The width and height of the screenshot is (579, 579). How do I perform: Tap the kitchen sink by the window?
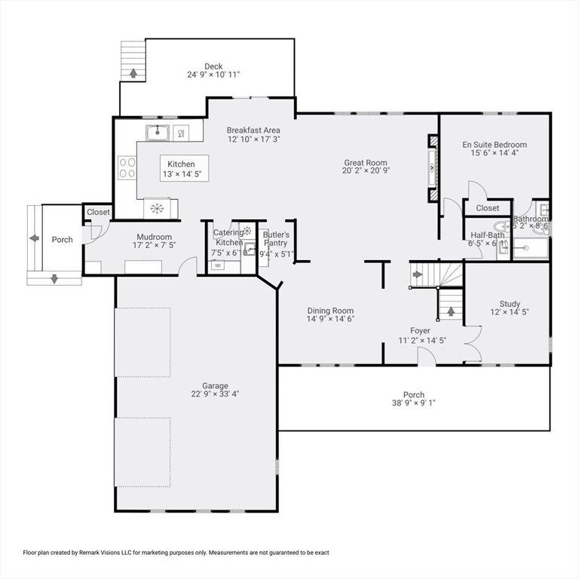click(157, 133)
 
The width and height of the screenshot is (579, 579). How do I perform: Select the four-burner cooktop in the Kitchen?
click(127, 166)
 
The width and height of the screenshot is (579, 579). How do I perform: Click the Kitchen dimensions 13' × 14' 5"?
click(181, 174)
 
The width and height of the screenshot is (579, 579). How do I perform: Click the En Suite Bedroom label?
click(495, 145)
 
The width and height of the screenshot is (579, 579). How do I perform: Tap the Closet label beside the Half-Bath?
click(487, 208)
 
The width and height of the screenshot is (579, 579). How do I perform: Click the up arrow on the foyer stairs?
click(451, 309)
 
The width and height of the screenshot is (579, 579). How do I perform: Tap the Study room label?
click(510, 305)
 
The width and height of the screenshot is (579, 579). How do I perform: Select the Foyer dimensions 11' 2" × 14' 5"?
click(422, 340)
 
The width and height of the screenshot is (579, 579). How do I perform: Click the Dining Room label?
click(330, 311)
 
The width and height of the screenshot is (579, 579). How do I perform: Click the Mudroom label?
click(155, 237)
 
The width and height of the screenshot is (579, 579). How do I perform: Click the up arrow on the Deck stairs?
click(133, 73)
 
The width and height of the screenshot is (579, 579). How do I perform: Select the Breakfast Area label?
click(253, 130)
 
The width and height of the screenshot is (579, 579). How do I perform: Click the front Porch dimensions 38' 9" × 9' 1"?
click(409, 403)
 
